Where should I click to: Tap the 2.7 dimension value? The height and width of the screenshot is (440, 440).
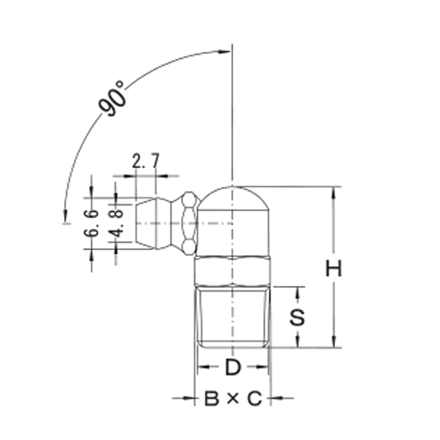(144, 161)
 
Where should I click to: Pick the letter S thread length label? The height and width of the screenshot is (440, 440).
(298, 318)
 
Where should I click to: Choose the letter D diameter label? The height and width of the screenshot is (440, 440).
(232, 365)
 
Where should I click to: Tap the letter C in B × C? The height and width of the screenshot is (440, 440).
(253, 400)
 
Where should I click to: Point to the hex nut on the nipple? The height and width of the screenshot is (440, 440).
(187, 224)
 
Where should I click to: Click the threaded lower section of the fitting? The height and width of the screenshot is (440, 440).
(232, 317)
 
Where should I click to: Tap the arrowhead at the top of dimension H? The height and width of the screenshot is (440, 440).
(334, 193)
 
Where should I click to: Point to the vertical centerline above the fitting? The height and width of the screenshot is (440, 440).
(232, 106)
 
